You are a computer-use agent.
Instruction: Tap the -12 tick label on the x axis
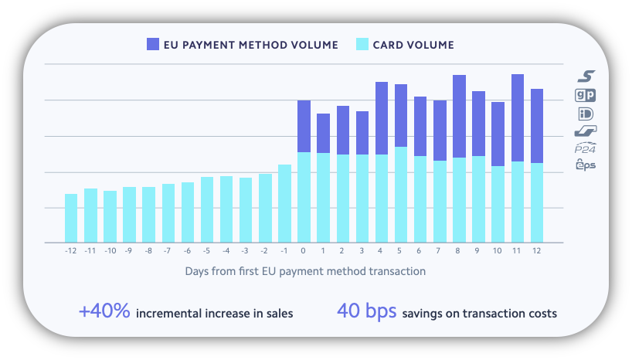pos(70,251)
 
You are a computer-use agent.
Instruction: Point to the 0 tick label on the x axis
pos(304,251)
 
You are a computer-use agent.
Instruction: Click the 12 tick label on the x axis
pos(537,251)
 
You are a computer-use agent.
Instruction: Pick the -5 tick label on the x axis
pos(206,251)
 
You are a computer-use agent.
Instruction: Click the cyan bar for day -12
pos(71,218)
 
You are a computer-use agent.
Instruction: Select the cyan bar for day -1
pos(285,203)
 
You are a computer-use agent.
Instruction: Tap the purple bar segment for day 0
pos(304,126)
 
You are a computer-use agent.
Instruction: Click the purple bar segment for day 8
pos(459,116)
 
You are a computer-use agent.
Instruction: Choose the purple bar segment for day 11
pos(518,117)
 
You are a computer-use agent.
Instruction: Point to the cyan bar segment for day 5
pos(401,194)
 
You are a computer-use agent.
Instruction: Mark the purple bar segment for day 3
pos(362,133)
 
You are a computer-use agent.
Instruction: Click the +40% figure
pos(104,312)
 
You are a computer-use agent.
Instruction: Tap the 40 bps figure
pos(366,312)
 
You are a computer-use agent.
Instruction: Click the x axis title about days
pos(305,271)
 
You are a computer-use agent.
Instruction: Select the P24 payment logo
pos(586,149)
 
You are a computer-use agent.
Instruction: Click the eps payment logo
pos(586,165)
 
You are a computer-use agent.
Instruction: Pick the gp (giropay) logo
pos(586,95)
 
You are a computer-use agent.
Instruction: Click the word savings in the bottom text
pos(424,314)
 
